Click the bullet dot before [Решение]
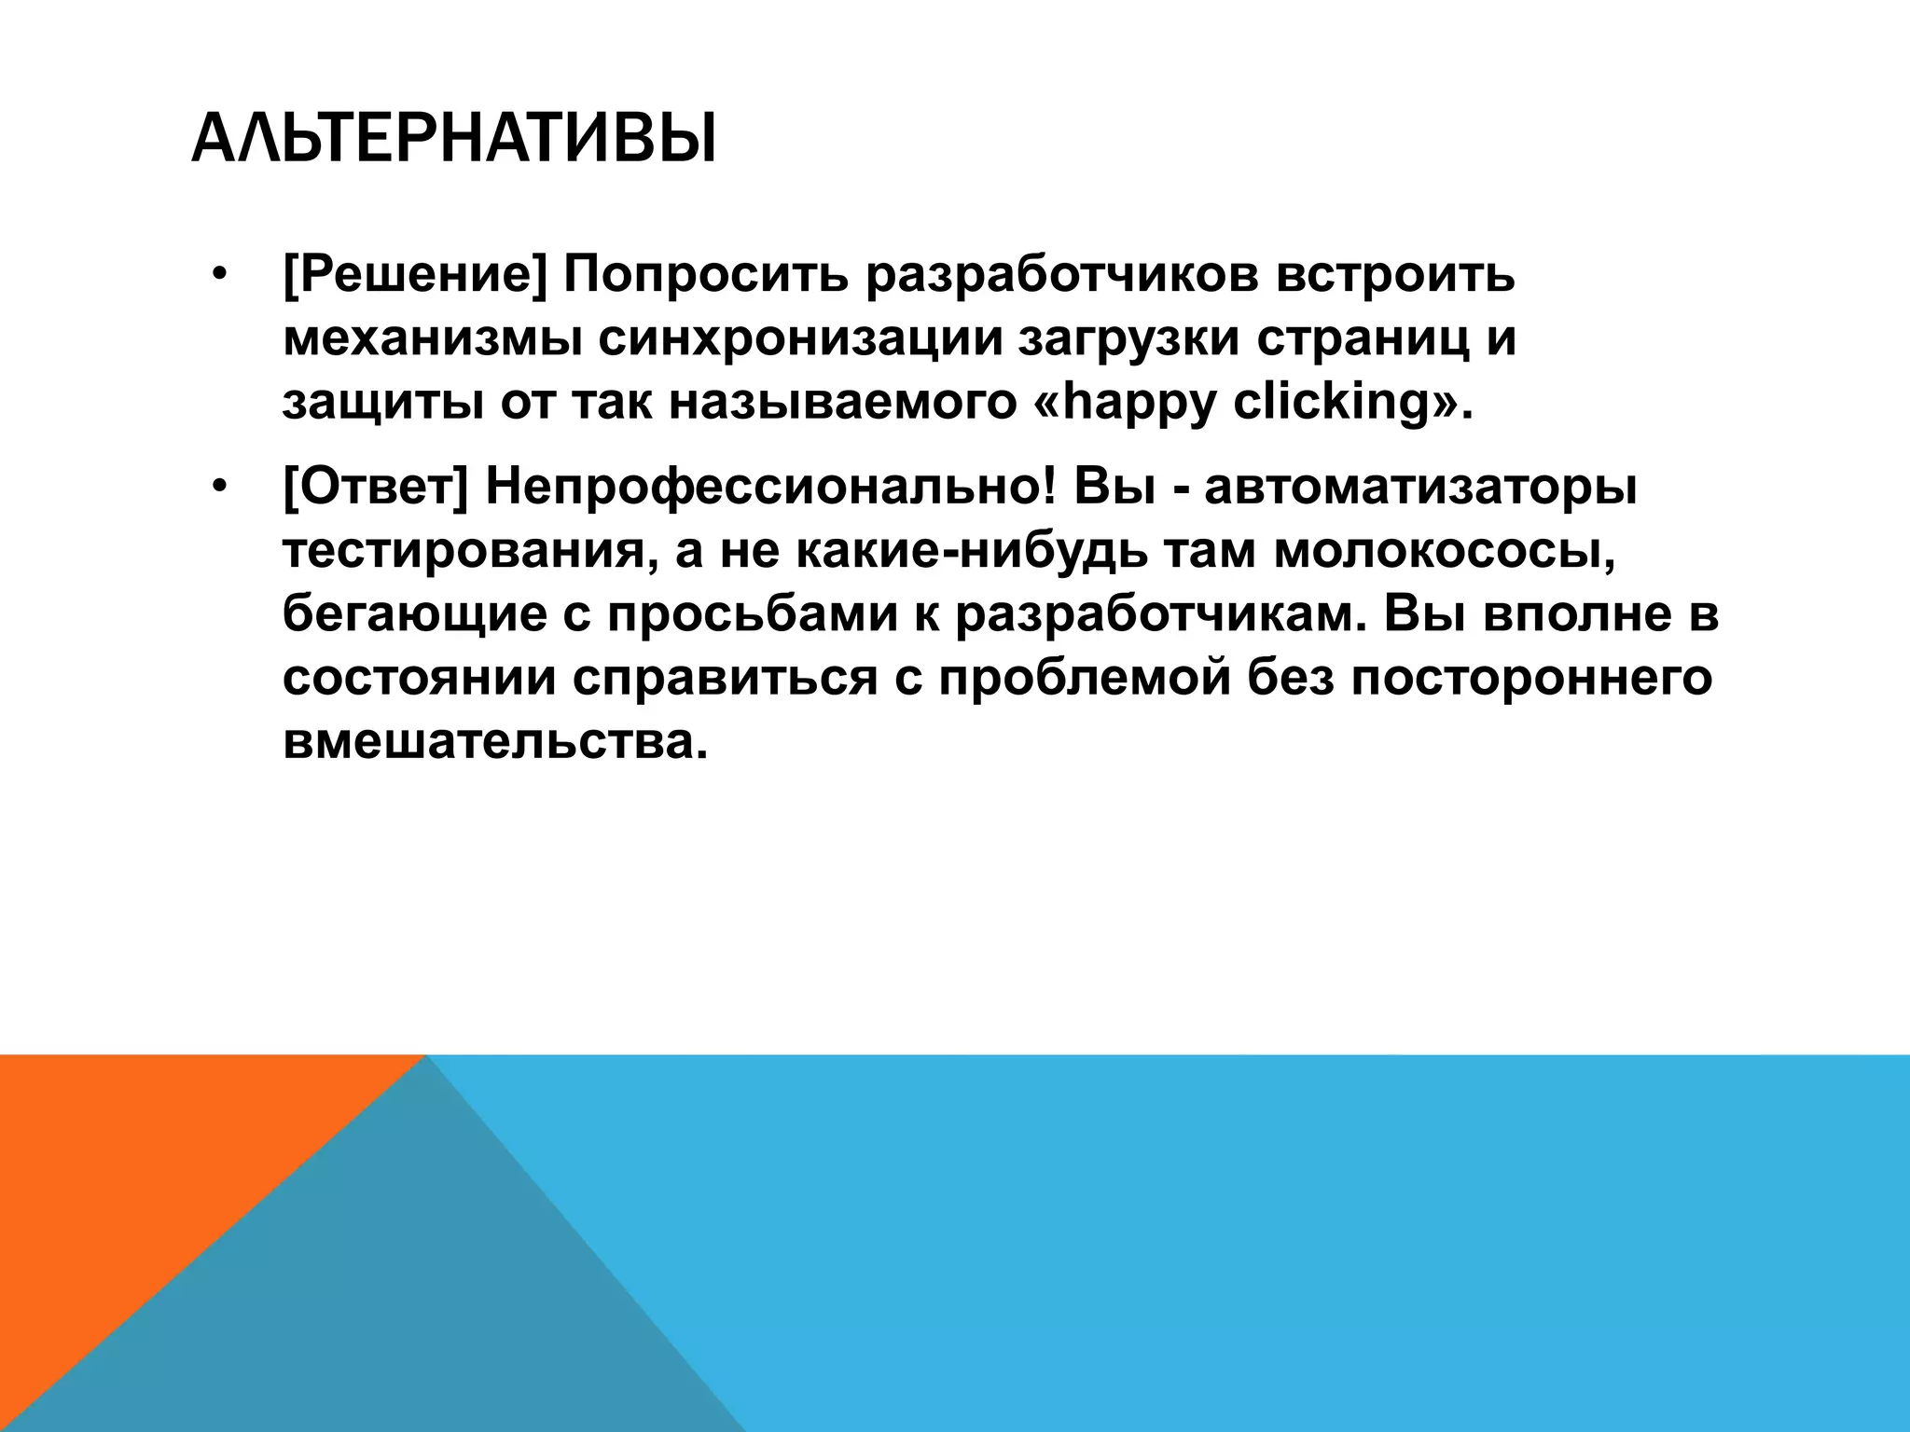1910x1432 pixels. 219,276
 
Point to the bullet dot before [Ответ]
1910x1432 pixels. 219,488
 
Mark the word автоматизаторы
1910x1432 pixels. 1420,488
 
